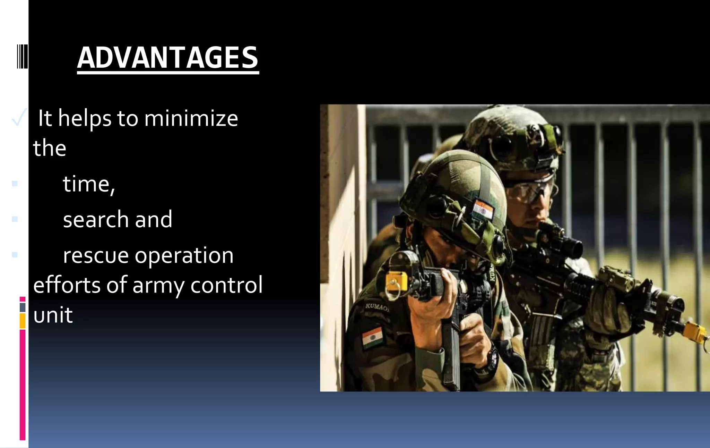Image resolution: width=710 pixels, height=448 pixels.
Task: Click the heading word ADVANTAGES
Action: [168, 58]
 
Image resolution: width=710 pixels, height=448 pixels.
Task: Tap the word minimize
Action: [191, 119]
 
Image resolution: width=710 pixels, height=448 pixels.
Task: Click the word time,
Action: [89, 184]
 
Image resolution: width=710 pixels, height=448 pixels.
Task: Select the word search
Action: [96, 220]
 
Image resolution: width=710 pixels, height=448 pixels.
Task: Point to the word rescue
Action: [96, 256]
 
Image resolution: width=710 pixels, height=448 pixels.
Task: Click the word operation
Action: [184, 256]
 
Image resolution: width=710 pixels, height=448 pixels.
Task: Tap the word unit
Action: [53, 315]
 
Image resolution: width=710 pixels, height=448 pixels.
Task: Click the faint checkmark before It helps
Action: [18, 117]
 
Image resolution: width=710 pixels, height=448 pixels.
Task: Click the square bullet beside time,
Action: [15, 183]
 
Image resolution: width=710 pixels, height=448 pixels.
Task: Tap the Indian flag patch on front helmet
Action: [483, 209]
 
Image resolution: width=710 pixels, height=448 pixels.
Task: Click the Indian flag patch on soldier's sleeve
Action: [372, 337]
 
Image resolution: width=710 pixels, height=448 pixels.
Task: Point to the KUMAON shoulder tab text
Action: [377, 307]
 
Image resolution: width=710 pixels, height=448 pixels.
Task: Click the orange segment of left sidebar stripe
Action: [23, 321]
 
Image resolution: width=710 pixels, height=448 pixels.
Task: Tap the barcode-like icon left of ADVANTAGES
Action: [22, 56]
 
